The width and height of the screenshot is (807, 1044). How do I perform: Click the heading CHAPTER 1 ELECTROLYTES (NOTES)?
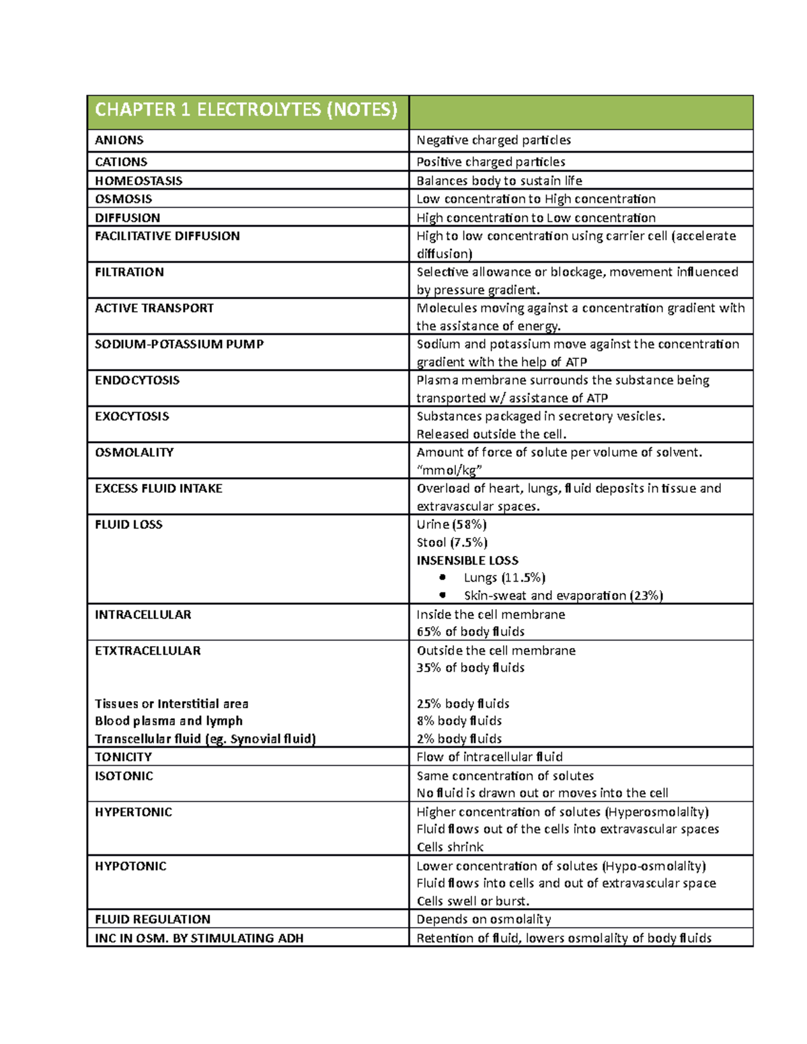(x=246, y=110)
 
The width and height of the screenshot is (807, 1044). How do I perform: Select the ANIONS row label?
(x=119, y=140)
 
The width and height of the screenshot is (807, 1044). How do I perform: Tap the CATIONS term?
(x=121, y=162)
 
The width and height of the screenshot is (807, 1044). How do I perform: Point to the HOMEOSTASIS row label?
(x=139, y=181)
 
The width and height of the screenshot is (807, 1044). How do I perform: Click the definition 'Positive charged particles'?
(x=491, y=162)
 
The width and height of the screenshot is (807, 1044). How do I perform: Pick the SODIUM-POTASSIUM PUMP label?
(x=179, y=344)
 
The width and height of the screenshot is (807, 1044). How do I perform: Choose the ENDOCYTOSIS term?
(x=137, y=380)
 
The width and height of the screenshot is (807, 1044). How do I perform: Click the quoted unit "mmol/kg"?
(x=449, y=470)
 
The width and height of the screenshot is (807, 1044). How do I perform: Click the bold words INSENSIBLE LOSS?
(x=467, y=561)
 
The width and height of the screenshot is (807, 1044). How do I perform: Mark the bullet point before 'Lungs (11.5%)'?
(x=442, y=577)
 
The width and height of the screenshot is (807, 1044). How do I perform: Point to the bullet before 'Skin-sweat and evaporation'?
(x=442, y=595)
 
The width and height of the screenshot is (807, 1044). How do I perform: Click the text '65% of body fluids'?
(x=471, y=632)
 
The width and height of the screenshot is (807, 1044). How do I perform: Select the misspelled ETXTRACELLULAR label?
(x=148, y=651)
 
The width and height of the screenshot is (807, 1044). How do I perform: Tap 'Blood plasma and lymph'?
(x=169, y=721)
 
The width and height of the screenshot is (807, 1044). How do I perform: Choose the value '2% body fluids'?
(x=459, y=739)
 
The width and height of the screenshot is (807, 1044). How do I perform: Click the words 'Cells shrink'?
(x=450, y=847)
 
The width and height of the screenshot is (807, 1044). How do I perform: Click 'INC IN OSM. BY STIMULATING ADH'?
(x=199, y=938)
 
